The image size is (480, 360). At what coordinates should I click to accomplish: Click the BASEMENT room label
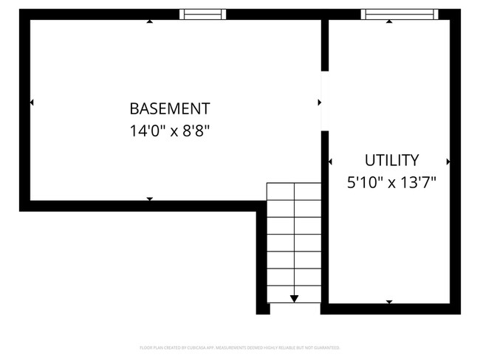[x=169, y=108]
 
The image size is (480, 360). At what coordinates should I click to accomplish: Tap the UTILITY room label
[x=392, y=160]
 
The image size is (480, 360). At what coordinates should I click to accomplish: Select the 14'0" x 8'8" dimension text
[x=169, y=132]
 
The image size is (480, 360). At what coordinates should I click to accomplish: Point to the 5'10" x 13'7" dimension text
[x=392, y=184]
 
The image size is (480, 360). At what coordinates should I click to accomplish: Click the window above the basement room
[x=203, y=13]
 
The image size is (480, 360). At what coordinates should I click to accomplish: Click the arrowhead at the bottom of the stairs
[x=295, y=298]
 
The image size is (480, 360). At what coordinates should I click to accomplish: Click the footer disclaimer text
[x=239, y=347]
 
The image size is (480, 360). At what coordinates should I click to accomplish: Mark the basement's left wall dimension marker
[x=32, y=102]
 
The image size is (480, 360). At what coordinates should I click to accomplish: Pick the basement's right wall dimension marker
[x=319, y=102]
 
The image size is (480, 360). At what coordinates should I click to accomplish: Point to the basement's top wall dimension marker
[x=150, y=21]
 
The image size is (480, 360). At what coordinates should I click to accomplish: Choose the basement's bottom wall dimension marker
[x=150, y=199]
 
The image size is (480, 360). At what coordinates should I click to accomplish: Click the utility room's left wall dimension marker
[x=329, y=161]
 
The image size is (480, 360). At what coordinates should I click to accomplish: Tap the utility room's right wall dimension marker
[x=448, y=161]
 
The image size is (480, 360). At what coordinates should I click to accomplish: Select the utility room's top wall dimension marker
[x=389, y=21]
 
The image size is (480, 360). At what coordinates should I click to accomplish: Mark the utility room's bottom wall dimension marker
[x=389, y=302]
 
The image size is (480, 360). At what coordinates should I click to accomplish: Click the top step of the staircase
[x=294, y=191]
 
